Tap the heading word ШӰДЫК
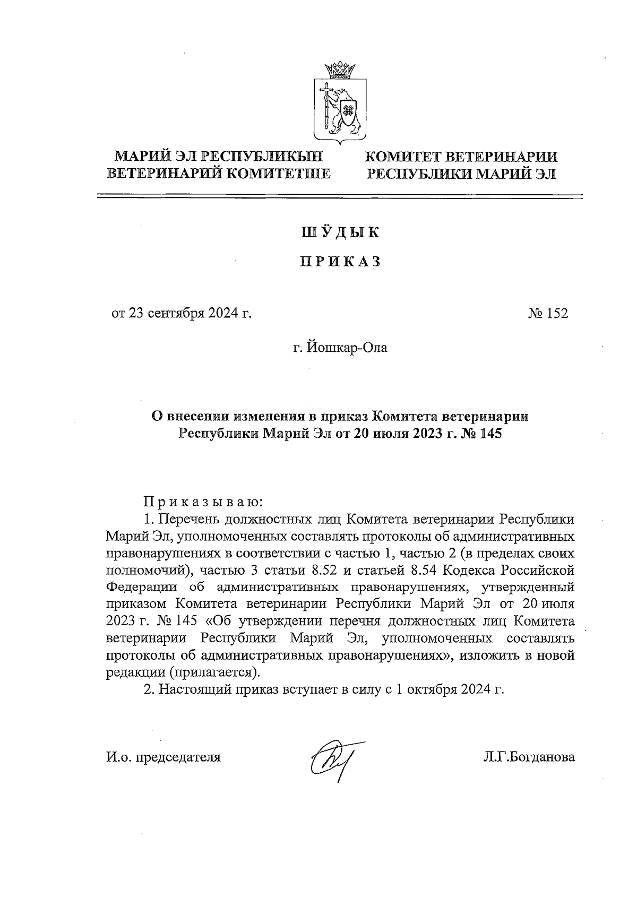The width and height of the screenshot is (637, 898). coord(340,232)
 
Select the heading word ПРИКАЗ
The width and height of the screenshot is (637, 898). coord(340,262)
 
